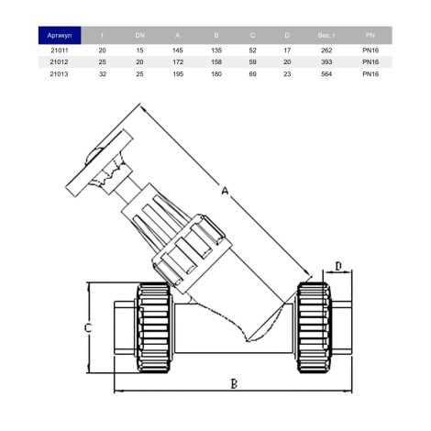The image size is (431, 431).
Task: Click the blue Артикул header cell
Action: point(60,36)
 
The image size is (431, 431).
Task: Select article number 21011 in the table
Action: point(60,50)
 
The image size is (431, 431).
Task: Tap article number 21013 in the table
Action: point(60,74)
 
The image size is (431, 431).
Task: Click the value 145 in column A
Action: point(178,50)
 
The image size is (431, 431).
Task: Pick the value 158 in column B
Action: point(216,62)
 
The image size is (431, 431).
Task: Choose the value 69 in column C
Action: point(252,74)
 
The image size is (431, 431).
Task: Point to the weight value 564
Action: point(326,74)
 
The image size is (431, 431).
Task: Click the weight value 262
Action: point(326,50)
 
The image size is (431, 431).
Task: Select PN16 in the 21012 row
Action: point(370,62)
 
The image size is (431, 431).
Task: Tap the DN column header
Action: point(139,36)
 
